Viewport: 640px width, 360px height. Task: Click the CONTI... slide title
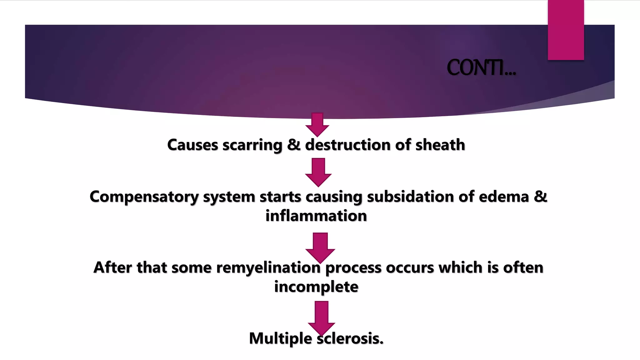(x=481, y=68)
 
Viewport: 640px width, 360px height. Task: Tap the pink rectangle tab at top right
(x=566, y=30)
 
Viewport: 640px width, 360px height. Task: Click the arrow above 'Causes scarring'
(x=317, y=124)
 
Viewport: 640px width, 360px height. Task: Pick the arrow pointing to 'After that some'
(x=320, y=247)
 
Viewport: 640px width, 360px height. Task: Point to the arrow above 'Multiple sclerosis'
(x=321, y=317)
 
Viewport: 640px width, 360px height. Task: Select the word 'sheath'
(x=440, y=145)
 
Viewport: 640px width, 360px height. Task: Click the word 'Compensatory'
(x=144, y=197)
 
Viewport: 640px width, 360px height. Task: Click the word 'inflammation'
(x=316, y=216)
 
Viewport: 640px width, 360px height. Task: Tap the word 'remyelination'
(x=268, y=268)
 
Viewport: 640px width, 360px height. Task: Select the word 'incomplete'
(x=316, y=287)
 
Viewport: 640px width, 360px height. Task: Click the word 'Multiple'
(x=280, y=338)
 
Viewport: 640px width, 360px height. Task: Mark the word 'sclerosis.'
(x=350, y=338)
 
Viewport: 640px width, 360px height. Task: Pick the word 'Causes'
(x=192, y=145)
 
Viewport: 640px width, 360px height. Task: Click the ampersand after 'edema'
(x=541, y=197)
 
